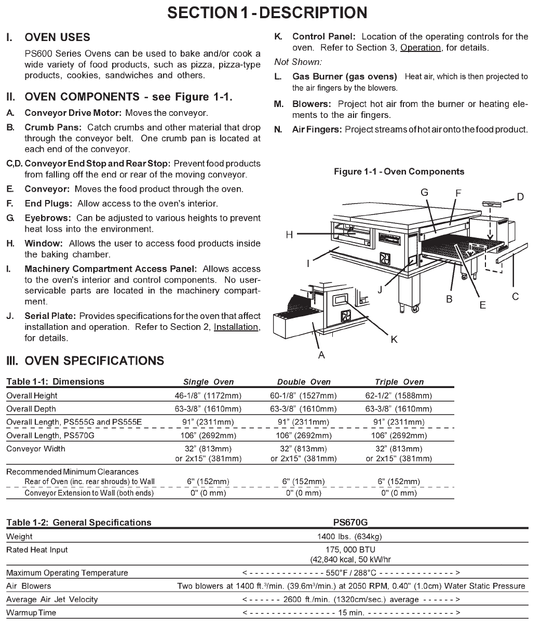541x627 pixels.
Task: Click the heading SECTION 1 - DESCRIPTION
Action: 267,12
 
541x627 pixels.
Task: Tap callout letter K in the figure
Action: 394,339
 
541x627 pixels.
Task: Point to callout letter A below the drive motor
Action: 321,355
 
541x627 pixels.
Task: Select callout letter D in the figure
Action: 520,196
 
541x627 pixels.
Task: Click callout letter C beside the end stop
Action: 515,297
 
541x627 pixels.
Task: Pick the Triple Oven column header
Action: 399,382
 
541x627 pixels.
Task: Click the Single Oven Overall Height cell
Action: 208,396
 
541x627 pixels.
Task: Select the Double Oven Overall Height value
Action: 303,396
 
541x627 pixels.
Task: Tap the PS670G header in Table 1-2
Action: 353,523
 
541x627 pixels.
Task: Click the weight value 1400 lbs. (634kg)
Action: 353,537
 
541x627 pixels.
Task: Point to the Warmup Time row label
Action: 31,612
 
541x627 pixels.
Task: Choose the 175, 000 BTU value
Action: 353,550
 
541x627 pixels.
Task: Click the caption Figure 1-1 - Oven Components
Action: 400,171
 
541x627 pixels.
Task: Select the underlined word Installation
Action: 236,327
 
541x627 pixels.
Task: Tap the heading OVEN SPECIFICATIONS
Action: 94,361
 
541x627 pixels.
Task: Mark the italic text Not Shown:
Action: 298,62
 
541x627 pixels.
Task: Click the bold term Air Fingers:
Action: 316,129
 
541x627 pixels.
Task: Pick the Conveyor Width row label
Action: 36,449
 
